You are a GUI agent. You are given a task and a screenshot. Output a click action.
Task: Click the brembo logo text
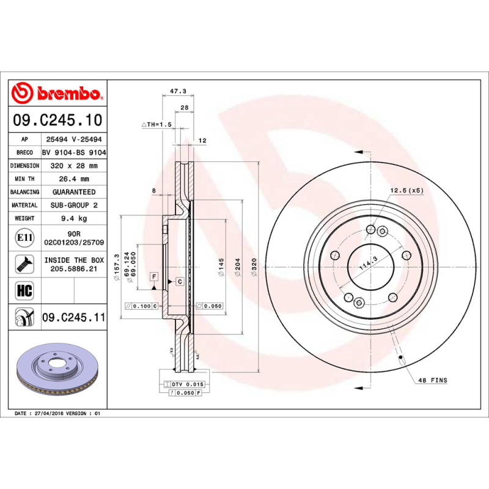[67, 94]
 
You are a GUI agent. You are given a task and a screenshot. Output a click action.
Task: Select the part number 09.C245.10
[57, 120]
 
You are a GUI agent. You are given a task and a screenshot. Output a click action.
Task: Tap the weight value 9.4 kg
[74, 218]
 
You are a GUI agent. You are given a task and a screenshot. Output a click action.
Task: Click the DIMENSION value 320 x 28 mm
[74, 166]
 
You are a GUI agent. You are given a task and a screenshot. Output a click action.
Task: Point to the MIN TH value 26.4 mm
[74, 179]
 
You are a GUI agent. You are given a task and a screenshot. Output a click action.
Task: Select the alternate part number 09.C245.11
[74, 317]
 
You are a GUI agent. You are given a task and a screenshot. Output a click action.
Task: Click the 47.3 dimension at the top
[177, 91]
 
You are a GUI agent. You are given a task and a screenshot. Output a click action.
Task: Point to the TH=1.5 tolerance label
[158, 125]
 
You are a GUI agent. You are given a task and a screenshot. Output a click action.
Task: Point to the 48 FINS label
[432, 380]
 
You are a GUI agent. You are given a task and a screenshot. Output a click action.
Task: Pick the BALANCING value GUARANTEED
[74, 192]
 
